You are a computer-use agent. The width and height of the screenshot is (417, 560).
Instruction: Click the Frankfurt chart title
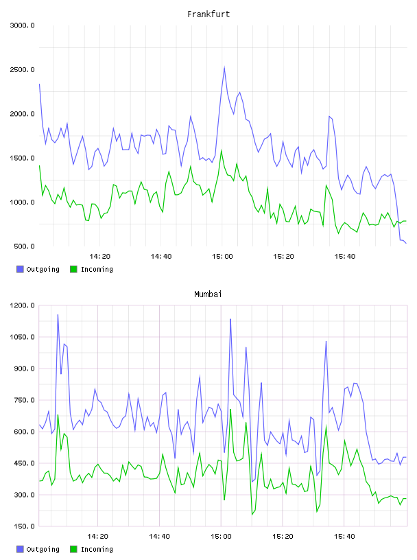(x=208, y=14)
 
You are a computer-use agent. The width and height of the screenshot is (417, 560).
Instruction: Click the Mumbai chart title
(x=208, y=294)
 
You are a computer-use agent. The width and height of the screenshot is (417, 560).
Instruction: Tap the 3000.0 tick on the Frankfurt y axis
(x=22, y=25)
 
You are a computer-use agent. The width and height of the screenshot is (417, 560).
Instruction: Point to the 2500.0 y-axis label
(x=22, y=69)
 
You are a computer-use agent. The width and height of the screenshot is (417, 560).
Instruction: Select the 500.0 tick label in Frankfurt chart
(x=24, y=246)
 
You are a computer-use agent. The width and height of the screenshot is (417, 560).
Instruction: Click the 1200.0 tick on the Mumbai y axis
(x=22, y=305)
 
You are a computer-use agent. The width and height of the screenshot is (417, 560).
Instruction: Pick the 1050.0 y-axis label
(x=22, y=337)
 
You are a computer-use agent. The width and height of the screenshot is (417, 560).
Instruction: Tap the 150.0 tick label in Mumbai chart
(x=24, y=526)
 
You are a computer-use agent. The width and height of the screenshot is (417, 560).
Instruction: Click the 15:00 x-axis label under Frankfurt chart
(x=222, y=257)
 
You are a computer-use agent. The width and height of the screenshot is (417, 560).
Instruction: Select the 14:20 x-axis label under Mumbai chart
(x=97, y=537)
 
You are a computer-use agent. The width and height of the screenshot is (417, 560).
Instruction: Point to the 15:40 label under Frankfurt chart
(x=345, y=257)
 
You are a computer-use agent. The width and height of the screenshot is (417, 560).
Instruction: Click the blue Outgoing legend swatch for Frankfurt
(x=20, y=269)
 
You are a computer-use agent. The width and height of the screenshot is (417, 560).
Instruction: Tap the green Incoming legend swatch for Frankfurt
(x=73, y=269)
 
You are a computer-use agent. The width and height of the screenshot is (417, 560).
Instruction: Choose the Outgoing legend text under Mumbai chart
(x=43, y=549)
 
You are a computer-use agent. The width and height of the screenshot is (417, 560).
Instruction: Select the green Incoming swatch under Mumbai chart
(x=73, y=549)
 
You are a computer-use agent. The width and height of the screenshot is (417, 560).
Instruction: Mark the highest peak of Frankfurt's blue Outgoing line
(x=224, y=67)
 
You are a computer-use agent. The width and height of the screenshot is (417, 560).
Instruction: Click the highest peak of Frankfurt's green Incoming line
(x=222, y=150)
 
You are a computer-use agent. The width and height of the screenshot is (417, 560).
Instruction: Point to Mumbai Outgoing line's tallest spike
(x=58, y=314)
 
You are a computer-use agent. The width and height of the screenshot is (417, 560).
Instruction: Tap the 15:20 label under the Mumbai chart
(x=283, y=537)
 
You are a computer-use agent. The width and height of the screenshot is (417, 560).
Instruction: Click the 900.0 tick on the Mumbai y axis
(x=24, y=369)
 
